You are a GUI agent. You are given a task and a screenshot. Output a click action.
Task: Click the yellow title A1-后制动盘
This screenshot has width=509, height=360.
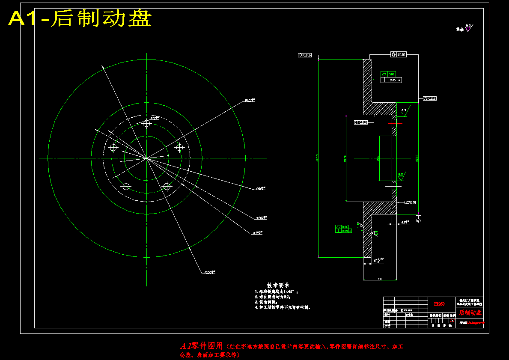tap(80, 19)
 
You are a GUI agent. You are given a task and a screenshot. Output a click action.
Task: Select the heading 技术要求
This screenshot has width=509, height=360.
tap(278, 285)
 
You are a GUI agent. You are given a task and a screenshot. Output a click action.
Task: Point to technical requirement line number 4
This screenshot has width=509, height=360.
tap(283, 307)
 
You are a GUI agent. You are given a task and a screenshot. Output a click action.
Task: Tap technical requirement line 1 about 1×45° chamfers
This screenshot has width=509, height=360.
tap(276, 291)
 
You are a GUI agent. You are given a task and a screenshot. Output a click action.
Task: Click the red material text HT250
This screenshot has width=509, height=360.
tap(439, 303)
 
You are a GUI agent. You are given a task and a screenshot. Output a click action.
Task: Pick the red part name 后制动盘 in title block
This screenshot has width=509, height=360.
tap(470, 312)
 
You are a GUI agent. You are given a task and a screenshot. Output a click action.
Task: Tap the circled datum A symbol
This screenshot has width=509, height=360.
tap(418, 220)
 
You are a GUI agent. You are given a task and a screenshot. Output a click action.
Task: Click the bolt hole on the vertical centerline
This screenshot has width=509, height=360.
tap(147, 123)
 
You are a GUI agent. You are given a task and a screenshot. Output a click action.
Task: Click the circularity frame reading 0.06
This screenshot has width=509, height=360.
tap(429, 98)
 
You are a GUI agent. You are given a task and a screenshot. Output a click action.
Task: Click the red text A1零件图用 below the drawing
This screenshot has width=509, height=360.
tap(201, 345)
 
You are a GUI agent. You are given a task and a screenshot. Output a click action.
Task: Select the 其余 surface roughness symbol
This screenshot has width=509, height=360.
tap(464, 29)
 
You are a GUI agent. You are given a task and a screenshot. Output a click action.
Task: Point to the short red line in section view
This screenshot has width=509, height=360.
tap(394, 124)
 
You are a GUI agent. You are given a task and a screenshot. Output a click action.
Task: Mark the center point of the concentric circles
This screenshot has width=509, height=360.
tap(147, 158)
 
